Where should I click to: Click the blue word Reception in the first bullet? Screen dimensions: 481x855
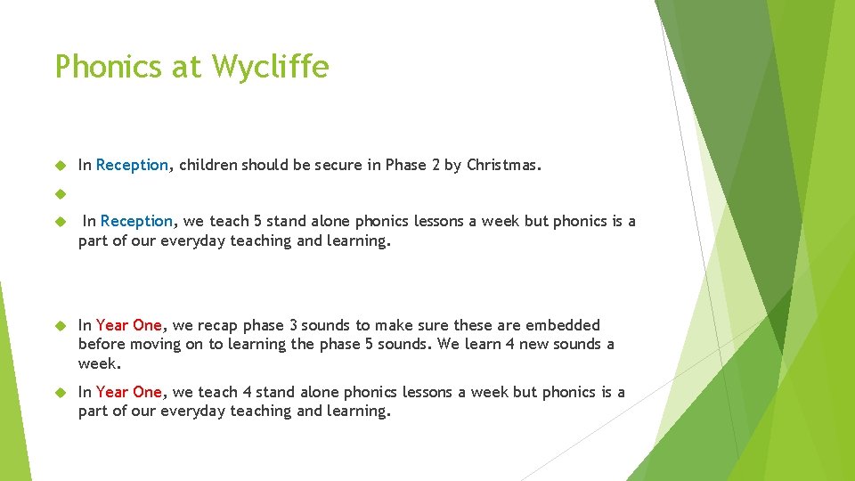click(x=132, y=165)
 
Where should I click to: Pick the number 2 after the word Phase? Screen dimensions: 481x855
click(x=436, y=165)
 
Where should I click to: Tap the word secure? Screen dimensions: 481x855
click(x=338, y=165)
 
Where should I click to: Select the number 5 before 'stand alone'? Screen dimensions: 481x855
click(x=256, y=221)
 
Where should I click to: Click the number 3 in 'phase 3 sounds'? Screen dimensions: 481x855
click(x=293, y=325)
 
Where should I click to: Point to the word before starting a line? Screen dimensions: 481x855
click(x=101, y=344)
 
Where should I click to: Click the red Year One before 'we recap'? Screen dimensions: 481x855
click(x=129, y=325)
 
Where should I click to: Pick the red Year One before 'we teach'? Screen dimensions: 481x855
click(x=129, y=392)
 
